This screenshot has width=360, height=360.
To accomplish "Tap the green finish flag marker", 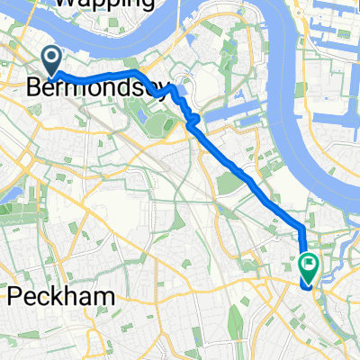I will [309, 266].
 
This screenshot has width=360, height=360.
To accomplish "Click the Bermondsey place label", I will [97, 88].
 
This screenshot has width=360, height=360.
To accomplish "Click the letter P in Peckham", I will [15, 296].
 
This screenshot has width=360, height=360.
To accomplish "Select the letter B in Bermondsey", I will [36, 88].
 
